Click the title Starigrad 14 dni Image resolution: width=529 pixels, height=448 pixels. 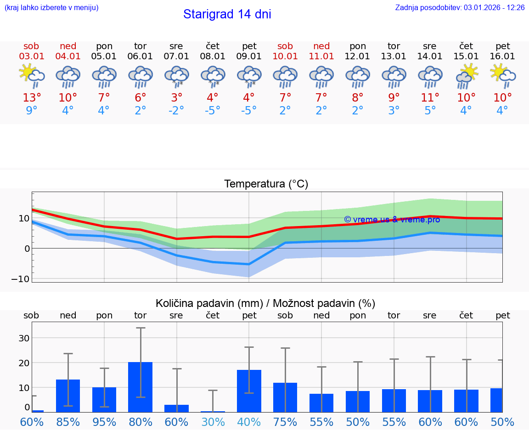coord(227,14)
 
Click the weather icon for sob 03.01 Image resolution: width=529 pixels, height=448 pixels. coord(31,76)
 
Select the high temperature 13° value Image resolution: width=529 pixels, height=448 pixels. coord(31,98)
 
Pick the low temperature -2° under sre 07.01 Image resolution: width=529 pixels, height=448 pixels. coord(176,111)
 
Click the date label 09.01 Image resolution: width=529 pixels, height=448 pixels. coord(249,57)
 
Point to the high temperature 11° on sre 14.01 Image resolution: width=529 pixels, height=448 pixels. coord(430,98)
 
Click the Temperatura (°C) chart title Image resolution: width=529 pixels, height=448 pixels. coord(266,184)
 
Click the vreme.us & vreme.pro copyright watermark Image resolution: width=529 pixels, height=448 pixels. coord(392,220)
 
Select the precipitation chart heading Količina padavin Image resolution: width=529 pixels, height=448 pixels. coord(265,303)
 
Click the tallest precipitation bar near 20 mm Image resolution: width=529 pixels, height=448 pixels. coord(140,387)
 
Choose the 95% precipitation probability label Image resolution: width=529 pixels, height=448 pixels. coord(104,422)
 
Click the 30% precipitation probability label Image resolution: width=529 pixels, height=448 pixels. coord(213,422)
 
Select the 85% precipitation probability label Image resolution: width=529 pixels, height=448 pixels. coord(68,422)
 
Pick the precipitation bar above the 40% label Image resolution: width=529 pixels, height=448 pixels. coord(249,391)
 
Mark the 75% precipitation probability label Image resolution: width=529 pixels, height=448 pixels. coord(285,422)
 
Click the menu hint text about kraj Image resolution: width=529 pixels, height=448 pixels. coord(51,8)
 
